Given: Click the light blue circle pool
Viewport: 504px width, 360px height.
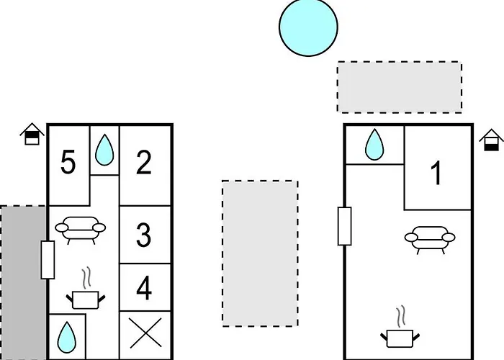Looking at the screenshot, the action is click(x=308, y=27).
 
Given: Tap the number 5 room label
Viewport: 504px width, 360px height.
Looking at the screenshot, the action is click(x=68, y=163).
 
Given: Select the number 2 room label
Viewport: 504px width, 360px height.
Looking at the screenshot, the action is click(x=143, y=163).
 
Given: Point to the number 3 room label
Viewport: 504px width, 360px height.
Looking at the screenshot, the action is click(x=143, y=235).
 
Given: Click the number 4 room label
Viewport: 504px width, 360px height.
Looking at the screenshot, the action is click(x=144, y=289).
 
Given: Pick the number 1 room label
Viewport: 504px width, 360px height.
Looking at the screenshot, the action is click(x=436, y=174).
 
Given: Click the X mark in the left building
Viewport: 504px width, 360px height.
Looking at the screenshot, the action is click(x=145, y=333).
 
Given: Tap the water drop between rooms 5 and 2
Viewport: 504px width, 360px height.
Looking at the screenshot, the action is click(x=104, y=150).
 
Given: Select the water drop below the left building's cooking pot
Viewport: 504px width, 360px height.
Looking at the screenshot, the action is click(x=67, y=338).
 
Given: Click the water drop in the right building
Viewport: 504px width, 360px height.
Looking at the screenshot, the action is click(x=374, y=144).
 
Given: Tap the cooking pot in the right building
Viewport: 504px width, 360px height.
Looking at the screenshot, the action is click(x=400, y=332).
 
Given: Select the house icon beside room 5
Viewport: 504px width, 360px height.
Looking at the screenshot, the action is click(x=32, y=134).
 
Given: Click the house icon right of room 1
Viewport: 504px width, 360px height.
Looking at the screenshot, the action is click(x=491, y=140).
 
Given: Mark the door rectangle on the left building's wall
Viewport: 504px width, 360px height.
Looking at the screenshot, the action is click(x=48, y=260).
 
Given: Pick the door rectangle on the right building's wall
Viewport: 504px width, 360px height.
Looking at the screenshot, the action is click(x=345, y=226).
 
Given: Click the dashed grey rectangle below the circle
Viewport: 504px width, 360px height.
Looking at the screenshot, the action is click(x=400, y=87).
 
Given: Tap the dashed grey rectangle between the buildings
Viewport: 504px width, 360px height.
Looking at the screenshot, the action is click(x=260, y=253).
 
